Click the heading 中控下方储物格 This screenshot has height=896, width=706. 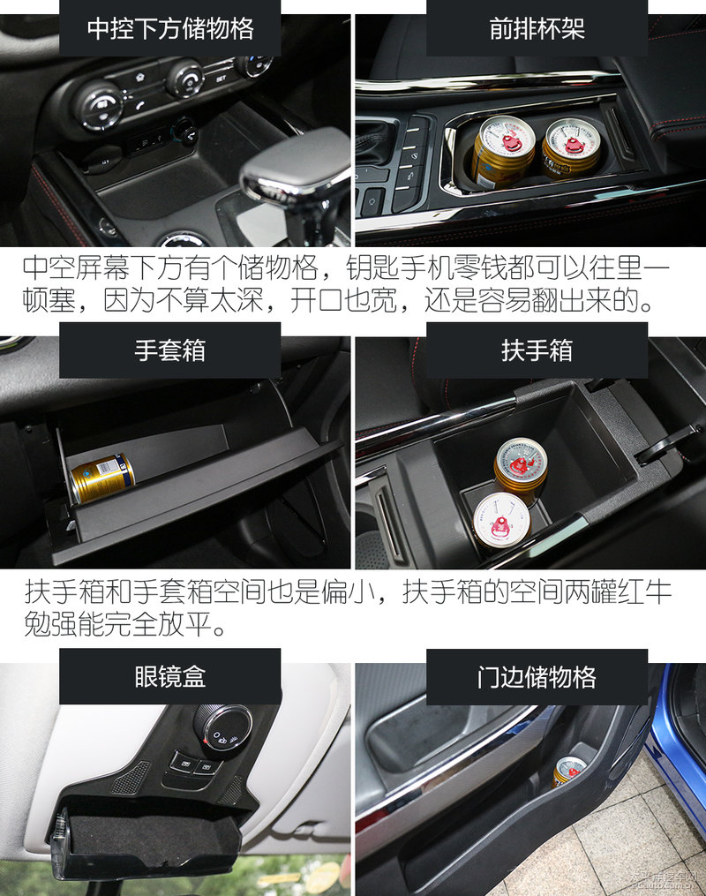(x=170, y=28)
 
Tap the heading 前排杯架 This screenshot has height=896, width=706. (x=537, y=28)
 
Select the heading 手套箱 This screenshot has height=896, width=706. (x=170, y=350)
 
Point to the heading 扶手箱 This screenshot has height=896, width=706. (x=537, y=350)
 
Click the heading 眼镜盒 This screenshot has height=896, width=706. (x=170, y=676)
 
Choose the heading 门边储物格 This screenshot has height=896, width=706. (x=537, y=677)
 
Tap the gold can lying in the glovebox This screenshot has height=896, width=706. (x=101, y=478)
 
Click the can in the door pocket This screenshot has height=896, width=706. (x=568, y=771)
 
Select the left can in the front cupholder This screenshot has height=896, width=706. (x=504, y=151)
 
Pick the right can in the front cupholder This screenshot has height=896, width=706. (x=571, y=147)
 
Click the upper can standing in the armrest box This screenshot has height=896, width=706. (x=521, y=471)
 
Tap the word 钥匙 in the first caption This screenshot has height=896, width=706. (x=372, y=267)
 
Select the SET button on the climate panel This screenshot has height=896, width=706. (x=221, y=77)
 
